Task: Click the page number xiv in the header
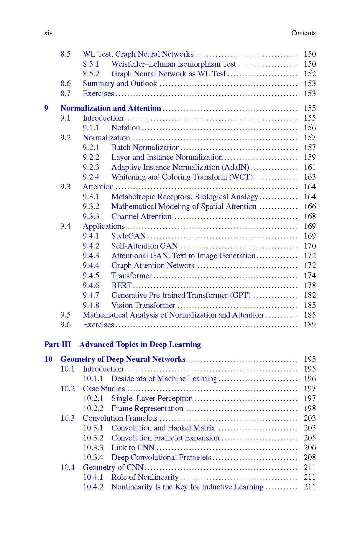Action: [x=48, y=33]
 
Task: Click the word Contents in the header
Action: [x=303, y=33]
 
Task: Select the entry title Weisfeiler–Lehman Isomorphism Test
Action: [x=173, y=64]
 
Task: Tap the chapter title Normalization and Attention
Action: [x=111, y=108]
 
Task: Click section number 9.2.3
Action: [x=91, y=167]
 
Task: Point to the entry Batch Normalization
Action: [x=146, y=148]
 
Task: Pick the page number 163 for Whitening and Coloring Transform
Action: [x=309, y=177]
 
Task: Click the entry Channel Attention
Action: [x=141, y=217]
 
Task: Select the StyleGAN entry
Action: [x=128, y=236]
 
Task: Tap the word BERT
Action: [x=121, y=286]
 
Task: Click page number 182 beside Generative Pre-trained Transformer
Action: [x=309, y=295]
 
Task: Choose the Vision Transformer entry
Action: [x=143, y=305]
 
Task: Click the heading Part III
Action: [x=57, y=344]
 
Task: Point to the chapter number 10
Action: [x=48, y=359]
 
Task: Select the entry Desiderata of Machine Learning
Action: [x=164, y=379]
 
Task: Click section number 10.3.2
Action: [x=93, y=438]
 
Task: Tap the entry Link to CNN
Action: [x=133, y=448]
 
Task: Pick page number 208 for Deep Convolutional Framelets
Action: [x=309, y=457]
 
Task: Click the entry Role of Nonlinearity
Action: [x=145, y=477]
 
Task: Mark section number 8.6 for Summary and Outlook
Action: [x=65, y=84]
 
